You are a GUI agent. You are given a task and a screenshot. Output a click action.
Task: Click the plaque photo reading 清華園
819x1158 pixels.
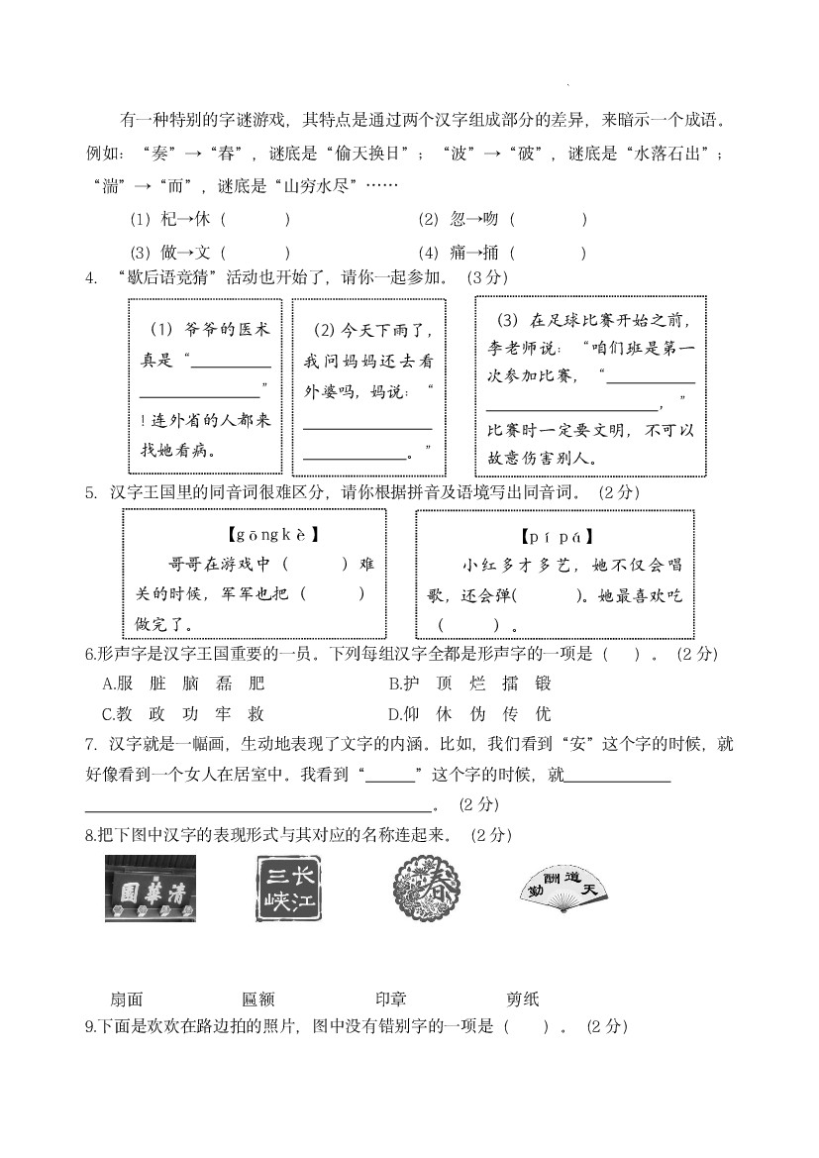point(151,889)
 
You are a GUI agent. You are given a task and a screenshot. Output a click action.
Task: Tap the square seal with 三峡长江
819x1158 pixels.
point(288,889)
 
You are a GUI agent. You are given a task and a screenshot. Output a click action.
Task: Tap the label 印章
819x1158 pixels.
point(391,1000)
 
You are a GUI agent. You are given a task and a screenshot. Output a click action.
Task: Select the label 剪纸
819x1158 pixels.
point(522,1000)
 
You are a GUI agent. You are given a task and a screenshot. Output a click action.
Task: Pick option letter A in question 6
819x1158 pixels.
point(108,684)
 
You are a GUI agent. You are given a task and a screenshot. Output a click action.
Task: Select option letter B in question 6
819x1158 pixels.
point(393,684)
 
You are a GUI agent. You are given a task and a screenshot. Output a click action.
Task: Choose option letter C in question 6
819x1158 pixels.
point(108,714)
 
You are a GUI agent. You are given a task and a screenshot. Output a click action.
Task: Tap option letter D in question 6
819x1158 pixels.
point(393,714)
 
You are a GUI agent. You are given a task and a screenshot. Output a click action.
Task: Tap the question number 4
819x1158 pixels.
point(91,277)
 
